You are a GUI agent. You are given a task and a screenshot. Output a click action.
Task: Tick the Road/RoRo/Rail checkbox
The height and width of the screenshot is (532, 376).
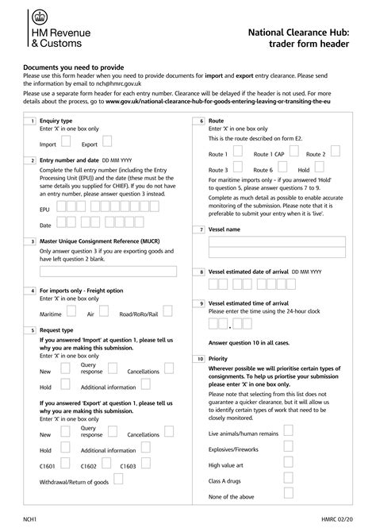coord(167,312)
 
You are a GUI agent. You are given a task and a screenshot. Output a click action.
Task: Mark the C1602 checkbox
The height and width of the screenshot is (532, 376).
coord(106,464)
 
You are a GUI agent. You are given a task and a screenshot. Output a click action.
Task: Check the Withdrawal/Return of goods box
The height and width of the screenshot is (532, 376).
coord(118,480)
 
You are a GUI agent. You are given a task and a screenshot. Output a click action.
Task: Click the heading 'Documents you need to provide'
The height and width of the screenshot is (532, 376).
coord(73,68)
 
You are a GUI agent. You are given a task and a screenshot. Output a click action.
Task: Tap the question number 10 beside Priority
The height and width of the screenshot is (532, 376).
coord(201,359)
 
